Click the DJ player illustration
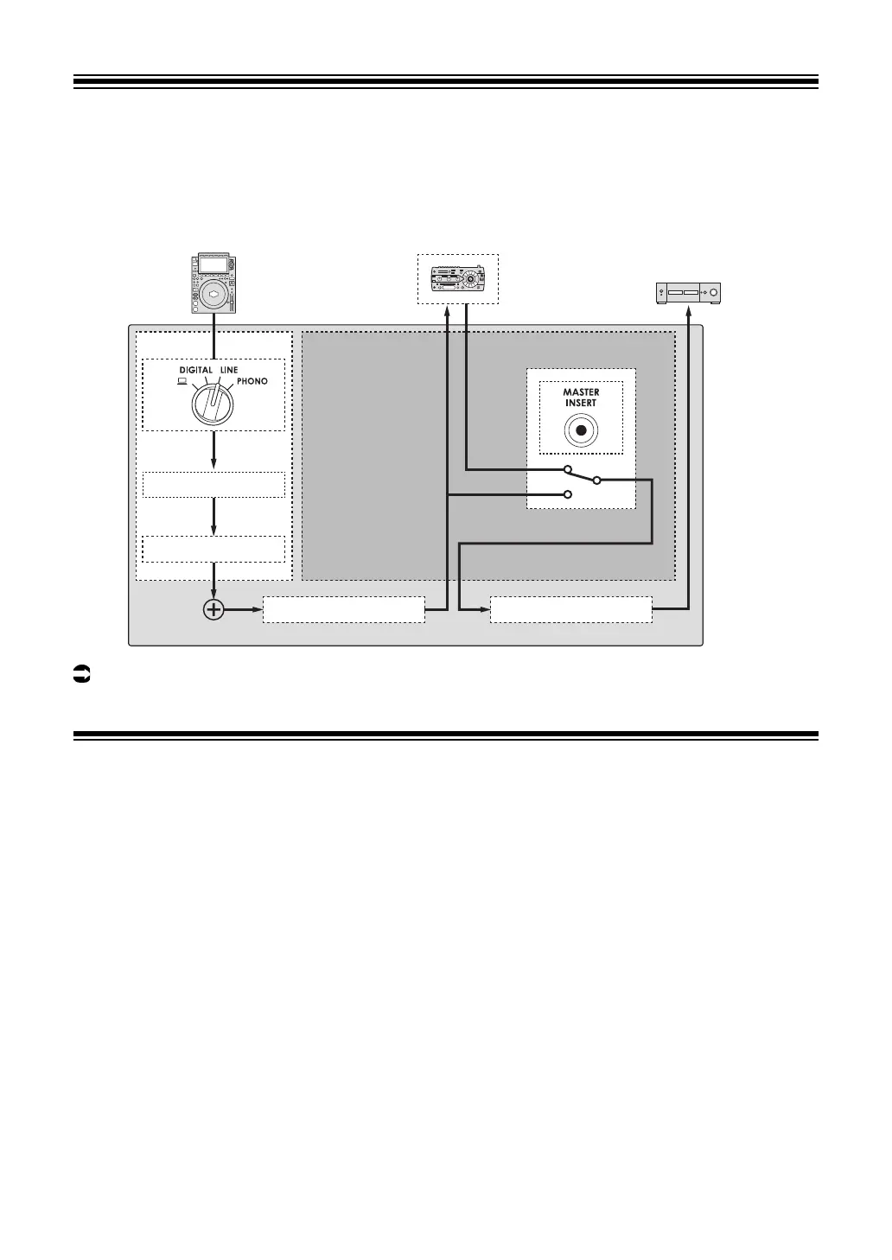tap(213, 283)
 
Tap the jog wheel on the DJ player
tap(213, 295)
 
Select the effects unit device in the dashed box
tap(458, 278)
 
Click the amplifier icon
tap(689, 294)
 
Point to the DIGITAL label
tap(195, 370)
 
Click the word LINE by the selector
tap(228, 370)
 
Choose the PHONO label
tap(252, 381)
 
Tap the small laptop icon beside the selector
tap(182, 381)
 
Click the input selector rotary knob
tap(213, 403)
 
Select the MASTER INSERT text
tap(581, 398)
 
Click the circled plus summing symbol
tap(213, 609)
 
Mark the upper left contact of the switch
tap(567, 470)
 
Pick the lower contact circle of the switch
tap(567, 494)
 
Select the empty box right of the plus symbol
tap(343, 609)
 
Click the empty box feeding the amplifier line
tap(570, 609)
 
